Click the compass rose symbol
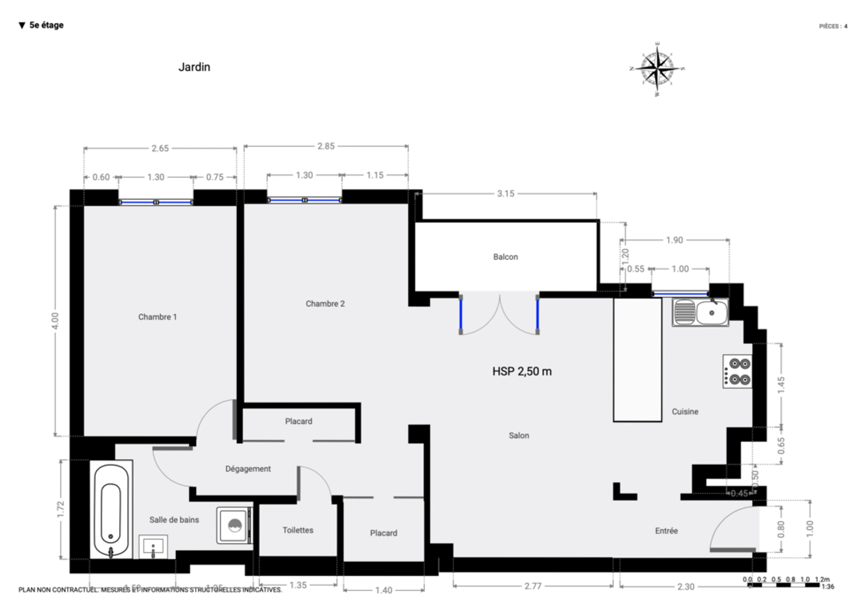click(657, 69)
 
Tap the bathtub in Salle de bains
click(111, 509)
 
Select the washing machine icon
click(234, 525)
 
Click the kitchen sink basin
click(711, 313)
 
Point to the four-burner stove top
click(737, 371)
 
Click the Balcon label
click(505, 257)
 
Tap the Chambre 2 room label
click(325, 304)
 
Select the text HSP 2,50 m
click(522, 371)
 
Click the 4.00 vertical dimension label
click(55, 321)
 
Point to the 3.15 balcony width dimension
click(505, 194)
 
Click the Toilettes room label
click(298, 530)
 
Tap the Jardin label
click(194, 67)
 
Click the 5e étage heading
click(46, 25)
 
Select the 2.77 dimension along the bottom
click(533, 586)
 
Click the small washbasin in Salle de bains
click(153, 547)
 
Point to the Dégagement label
click(248, 469)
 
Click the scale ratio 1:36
click(828, 587)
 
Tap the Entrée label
click(666, 531)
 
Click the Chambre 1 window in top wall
click(156, 202)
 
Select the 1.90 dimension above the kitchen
click(674, 240)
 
